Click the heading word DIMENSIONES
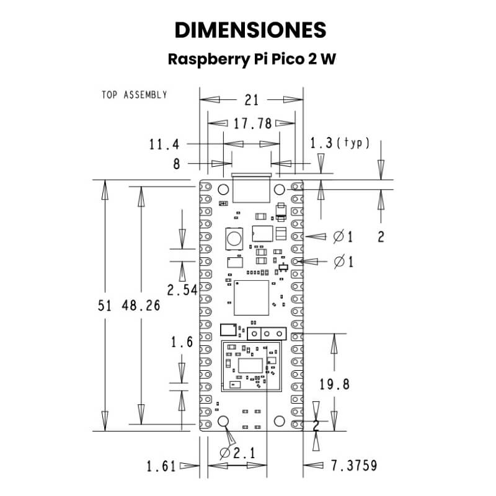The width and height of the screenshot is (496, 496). (250, 30)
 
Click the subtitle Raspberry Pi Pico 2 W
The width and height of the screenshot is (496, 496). (252, 59)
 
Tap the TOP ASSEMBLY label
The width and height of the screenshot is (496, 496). (135, 95)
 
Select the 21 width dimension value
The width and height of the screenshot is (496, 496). (252, 100)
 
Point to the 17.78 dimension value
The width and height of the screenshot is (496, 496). (252, 123)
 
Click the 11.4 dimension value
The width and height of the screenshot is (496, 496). (164, 144)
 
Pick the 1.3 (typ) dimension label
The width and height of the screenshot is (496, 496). (339, 143)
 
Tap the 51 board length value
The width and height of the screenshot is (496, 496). (105, 306)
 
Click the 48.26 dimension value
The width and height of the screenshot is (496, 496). (141, 306)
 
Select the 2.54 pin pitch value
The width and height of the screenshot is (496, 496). (182, 290)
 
